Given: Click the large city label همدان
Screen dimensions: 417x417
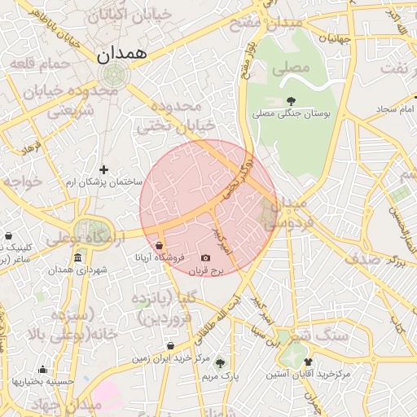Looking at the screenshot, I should point(121,55).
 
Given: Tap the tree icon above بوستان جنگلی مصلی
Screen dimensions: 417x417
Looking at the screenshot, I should point(291,102).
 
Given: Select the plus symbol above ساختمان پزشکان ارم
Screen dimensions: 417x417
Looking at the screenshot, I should point(103,169).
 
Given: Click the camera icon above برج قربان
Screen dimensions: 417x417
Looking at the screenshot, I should point(205,258).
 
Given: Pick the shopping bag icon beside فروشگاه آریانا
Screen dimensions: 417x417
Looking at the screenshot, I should point(158,244).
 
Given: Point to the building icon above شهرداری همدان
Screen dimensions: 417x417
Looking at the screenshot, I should point(77,258).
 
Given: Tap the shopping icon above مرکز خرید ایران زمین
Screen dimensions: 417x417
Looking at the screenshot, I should point(170,345).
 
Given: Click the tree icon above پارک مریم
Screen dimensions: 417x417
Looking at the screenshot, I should point(220,363).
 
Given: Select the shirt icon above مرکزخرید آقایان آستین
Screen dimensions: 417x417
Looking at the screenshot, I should point(308,362).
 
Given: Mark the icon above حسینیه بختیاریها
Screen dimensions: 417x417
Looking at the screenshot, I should point(42,369).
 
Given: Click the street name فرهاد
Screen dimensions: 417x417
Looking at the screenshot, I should point(32,147).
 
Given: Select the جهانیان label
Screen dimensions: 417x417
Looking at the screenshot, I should point(334,37).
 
